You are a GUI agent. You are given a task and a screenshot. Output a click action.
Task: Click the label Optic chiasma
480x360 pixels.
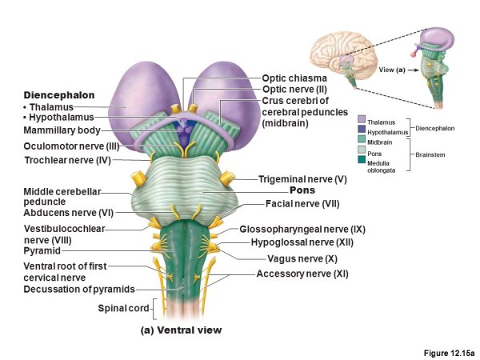[x=295, y=78]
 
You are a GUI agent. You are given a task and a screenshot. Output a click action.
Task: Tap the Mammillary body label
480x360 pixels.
[x=62, y=130]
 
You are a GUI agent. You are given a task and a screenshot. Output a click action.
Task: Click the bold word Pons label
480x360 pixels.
[x=302, y=190]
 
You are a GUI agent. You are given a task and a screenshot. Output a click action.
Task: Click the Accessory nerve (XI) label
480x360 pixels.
[x=302, y=274]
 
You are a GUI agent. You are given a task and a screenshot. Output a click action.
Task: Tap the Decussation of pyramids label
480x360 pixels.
[x=79, y=289]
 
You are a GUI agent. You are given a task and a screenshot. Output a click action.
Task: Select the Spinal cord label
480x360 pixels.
[x=123, y=309]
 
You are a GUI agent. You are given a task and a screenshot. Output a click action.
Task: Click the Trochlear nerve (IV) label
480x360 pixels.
[x=66, y=160]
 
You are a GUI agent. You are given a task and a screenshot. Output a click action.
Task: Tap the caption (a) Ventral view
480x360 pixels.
[x=181, y=330]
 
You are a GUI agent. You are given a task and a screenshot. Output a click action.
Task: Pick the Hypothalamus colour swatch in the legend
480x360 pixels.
[x=362, y=130]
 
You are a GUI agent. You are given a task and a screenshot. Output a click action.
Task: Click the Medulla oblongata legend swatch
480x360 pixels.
[x=362, y=162]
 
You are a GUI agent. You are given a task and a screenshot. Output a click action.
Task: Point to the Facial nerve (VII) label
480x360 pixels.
[x=303, y=203]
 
